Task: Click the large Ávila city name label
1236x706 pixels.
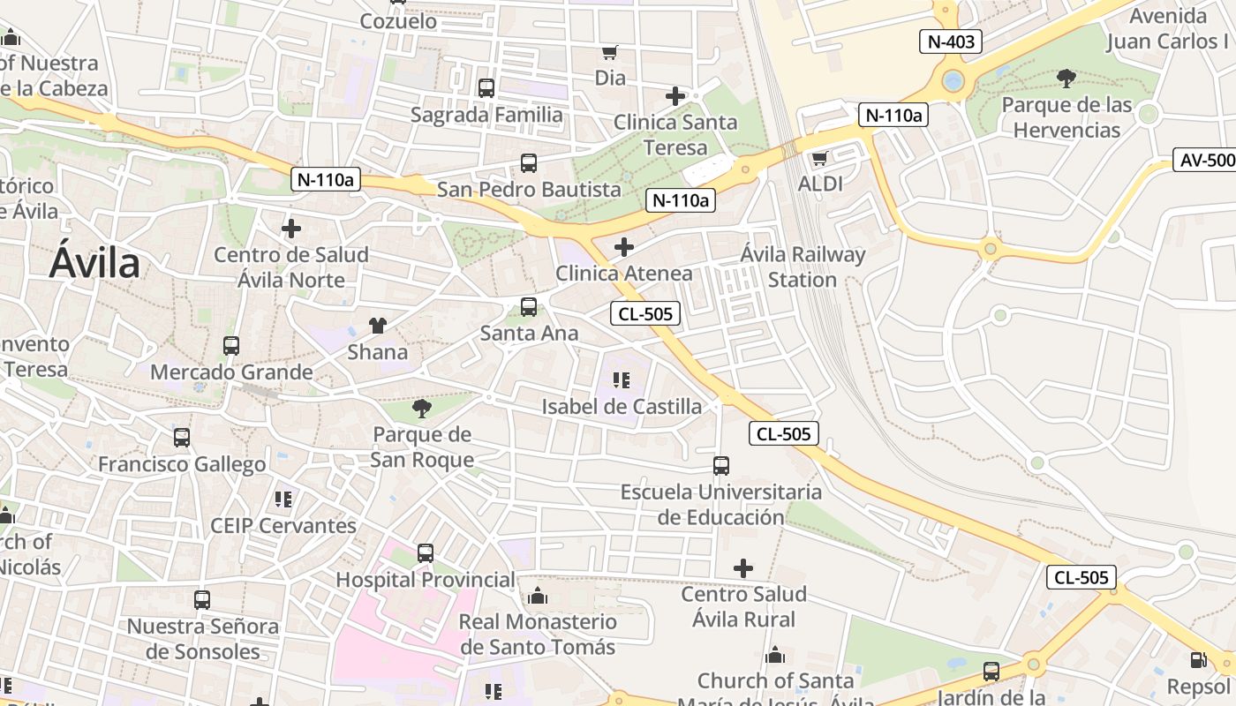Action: (94, 263)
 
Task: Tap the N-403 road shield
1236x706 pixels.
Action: (951, 41)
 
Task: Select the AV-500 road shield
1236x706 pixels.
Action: (1206, 160)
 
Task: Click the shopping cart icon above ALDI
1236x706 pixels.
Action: (819, 159)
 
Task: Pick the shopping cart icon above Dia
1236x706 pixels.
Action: (609, 52)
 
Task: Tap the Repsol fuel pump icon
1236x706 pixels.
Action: (1198, 659)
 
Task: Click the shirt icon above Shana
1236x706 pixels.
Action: (378, 326)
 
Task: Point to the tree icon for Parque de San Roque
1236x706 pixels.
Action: (422, 408)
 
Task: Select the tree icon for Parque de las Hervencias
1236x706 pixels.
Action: (1066, 79)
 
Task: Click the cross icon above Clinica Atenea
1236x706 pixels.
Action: (624, 247)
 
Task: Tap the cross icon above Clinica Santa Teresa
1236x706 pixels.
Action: (675, 96)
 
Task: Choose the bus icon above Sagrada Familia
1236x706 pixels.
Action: (486, 88)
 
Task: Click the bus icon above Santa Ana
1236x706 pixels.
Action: (529, 307)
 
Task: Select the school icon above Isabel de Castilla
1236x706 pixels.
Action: (622, 380)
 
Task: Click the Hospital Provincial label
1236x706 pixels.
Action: (426, 580)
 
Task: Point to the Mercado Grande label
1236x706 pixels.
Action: (231, 372)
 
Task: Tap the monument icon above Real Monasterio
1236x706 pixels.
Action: (537, 597)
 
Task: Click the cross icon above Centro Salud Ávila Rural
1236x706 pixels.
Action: (743, 568)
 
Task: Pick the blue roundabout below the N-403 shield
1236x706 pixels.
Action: (953, 82)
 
